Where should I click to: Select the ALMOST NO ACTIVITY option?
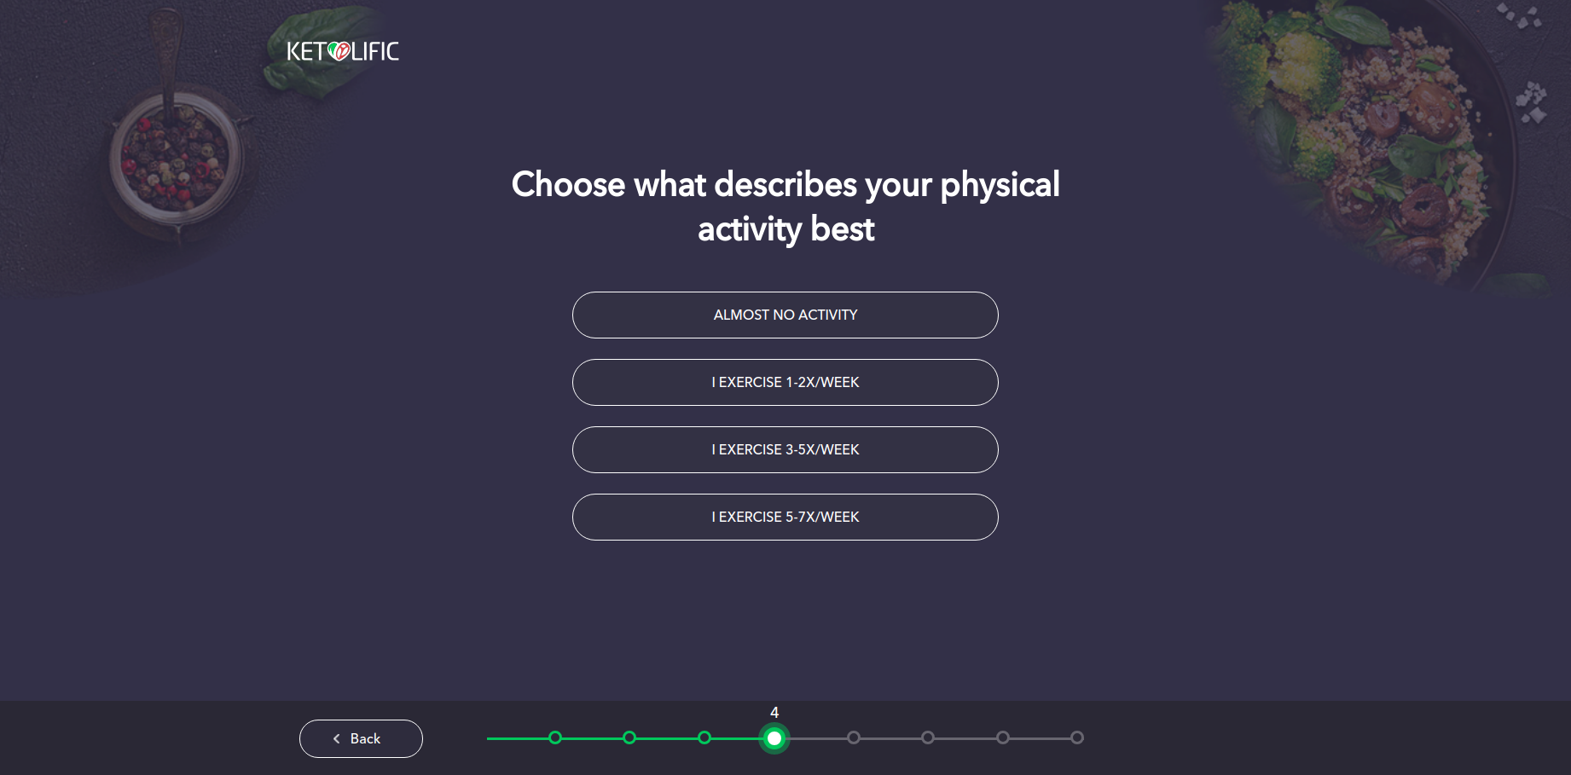click(785, 315)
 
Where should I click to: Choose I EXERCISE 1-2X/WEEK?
click(785, 382)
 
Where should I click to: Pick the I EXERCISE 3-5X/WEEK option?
click(785, 449)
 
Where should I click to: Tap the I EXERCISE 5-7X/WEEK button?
click(785, 517)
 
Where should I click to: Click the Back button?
click(361, 738)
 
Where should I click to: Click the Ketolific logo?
click(343, 52)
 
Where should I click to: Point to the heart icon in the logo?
click(339, 52)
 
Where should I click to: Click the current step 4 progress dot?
click(774, 738)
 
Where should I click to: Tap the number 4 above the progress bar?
click(774, 713)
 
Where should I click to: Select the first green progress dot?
click(555, 737)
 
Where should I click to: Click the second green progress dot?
click(629, 737)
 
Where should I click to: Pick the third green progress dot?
click(704, 737)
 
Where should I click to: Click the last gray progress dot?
click(1077, 737)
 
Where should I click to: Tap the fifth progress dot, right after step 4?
click(854, 737)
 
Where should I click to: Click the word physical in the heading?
click(1000, 185)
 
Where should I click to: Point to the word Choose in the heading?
click(568, 185)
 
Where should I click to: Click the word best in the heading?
click(843, 229)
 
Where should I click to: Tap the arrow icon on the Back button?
click(337, 739)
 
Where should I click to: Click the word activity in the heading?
click(750, 229)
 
